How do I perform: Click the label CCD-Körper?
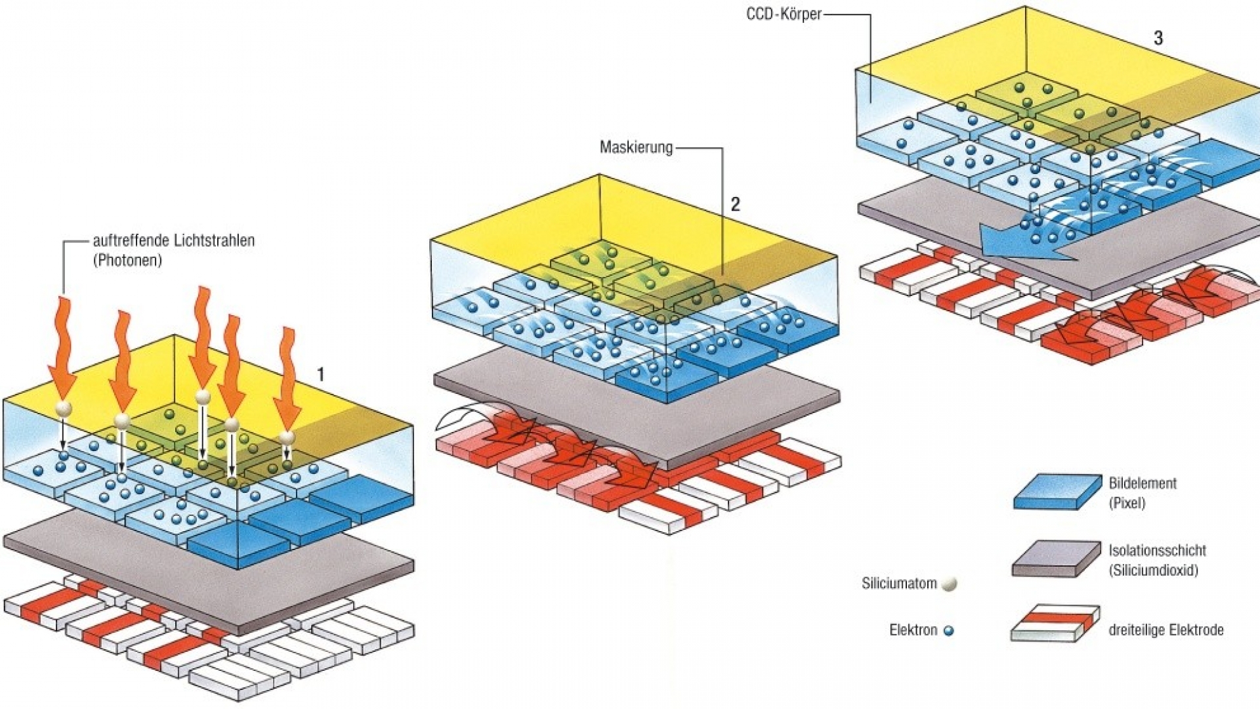(784, 14)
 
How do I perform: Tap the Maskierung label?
(636, 147)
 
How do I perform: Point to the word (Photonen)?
(127, 260)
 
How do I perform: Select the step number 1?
(320, 375)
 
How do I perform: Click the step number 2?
(735, 204)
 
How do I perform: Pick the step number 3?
(1158, 38)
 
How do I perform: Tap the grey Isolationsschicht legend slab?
(1055, 559)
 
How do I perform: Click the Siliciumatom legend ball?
(949, 584)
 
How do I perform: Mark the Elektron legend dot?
(948, 631)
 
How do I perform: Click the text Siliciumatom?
(898, 583)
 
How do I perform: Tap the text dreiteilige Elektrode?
(1165, 630)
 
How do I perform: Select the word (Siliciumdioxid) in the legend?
(1153, 570)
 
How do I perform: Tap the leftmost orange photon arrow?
(63, 348)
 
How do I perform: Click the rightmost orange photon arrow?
(287, 381)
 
